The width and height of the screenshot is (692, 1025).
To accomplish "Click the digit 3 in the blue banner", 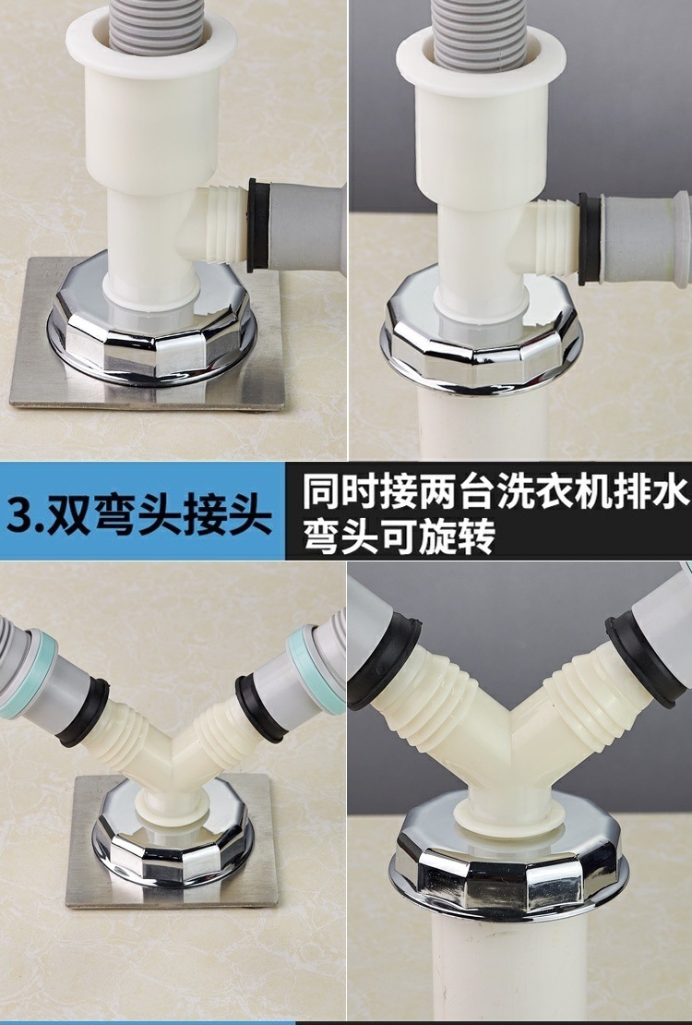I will click(x=20, y=513).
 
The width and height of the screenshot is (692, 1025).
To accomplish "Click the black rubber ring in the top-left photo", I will click(x=258, y=225).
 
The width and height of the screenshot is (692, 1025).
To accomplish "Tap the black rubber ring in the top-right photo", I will click(x=590, y=238).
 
